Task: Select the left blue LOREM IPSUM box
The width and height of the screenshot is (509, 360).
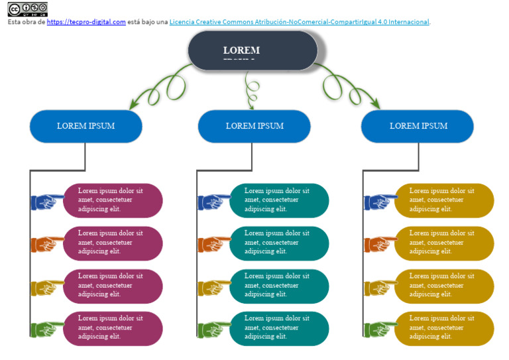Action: pos(85,126)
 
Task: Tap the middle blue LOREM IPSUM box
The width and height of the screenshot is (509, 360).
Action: pos(254,126)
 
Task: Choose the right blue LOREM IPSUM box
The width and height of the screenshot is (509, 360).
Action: pos(418,126)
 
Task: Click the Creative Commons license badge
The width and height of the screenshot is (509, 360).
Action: pos(28,9)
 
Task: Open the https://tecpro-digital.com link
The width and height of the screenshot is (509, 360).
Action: pos(86,22)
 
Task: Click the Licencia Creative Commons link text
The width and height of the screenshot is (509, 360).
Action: pos(299,22)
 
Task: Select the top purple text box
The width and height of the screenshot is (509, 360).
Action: pos(113,200)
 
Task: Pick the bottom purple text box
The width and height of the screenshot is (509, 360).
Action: pos(113,328)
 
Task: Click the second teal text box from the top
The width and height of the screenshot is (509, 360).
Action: pos(280,243)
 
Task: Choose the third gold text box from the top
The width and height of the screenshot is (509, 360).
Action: pos(445,286)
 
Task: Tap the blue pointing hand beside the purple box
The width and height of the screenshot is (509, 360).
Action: pos(47,201)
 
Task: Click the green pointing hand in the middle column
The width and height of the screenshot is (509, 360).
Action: pos(213,329)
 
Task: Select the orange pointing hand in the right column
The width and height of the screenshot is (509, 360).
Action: pos(380,243)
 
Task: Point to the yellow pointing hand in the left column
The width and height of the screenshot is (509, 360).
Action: pos(47,286)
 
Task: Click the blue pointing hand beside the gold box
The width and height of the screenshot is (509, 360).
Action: pos(380,201)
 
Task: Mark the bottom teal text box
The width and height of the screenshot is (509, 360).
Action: pos(280,328)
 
